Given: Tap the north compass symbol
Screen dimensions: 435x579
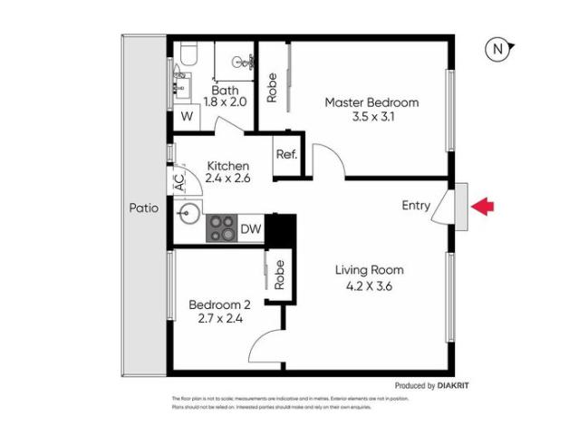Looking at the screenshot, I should tap(497, 50).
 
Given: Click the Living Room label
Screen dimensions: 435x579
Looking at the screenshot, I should tap(369, 270).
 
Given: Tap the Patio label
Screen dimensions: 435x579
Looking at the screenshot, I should tap(143, 208).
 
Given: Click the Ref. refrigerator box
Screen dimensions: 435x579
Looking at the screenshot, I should tap(287, 153).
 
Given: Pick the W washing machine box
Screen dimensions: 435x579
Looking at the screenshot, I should tap(187, 116).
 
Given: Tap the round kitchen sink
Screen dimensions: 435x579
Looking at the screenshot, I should tap(189, 216).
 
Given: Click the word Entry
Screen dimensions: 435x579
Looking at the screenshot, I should tap(416, 206).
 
